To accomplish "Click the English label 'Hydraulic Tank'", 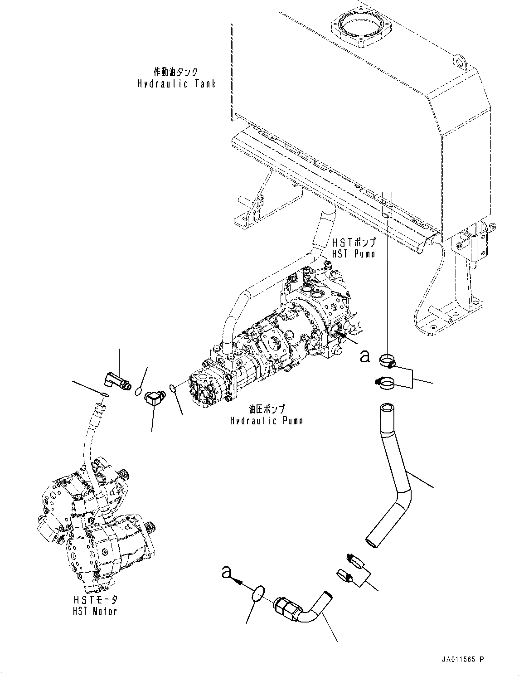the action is [177, 84].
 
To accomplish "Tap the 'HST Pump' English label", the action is [354, 254].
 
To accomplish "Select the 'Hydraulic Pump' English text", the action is [267, 421].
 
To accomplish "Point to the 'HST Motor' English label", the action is [95, 611].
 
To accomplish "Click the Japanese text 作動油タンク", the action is [176, 72].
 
